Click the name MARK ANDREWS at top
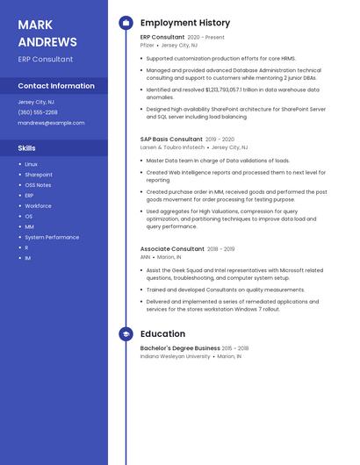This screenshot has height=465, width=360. pos(47,33)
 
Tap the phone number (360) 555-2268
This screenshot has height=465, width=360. pos(38,112)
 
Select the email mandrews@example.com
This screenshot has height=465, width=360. pos(51,123)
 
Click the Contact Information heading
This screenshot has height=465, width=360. pos(56,86)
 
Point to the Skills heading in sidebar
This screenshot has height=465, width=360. pos(27,148)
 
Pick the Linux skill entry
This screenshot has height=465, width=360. pos(31,164)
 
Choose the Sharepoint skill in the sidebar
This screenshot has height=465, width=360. pos(39,175)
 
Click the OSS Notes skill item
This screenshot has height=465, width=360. pos(38,185)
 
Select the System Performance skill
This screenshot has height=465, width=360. pos(52,237)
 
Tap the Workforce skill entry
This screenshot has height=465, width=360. pos(38,206)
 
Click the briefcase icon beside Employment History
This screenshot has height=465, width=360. pos(126,23)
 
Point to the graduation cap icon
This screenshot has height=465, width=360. pos(126,334)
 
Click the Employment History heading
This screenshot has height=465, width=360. pos(185,23)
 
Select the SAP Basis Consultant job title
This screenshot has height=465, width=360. pos(171,139)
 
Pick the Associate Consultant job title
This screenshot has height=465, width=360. pos(172,249)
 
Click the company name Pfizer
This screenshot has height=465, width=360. pos(148,45)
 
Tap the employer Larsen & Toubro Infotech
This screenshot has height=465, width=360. pos(172,147)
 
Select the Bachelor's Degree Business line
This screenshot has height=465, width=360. pos(180,348)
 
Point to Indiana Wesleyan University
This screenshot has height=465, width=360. pos(176,356)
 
